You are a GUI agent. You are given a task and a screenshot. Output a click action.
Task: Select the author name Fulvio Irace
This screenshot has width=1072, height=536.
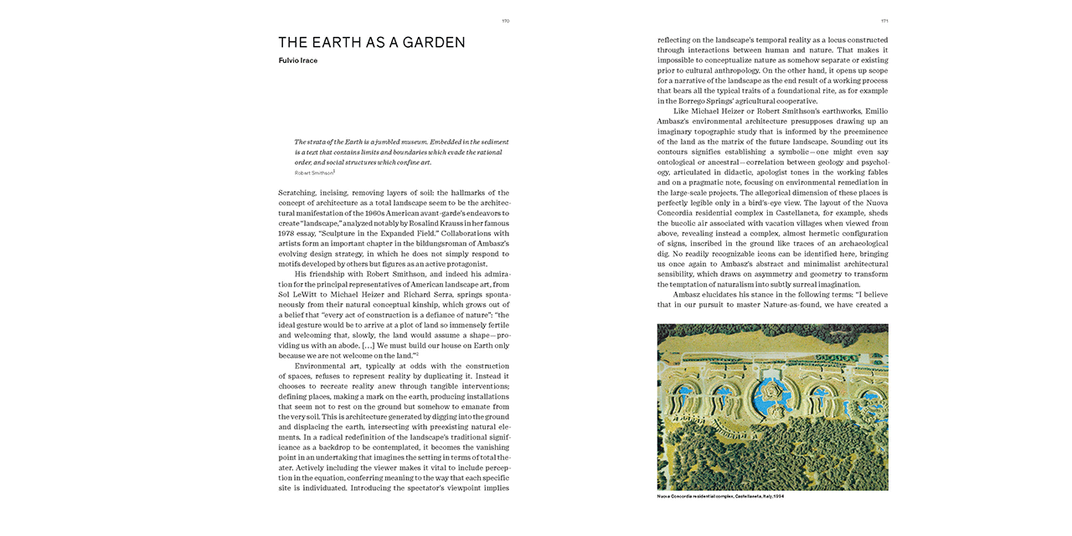point(297,60)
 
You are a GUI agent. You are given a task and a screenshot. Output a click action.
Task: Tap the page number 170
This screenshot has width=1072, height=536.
point(505,21)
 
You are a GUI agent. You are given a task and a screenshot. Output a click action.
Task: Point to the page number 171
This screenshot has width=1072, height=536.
point(884,21)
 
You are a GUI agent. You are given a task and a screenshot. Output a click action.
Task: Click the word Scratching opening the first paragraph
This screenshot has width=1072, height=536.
point(297,193)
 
